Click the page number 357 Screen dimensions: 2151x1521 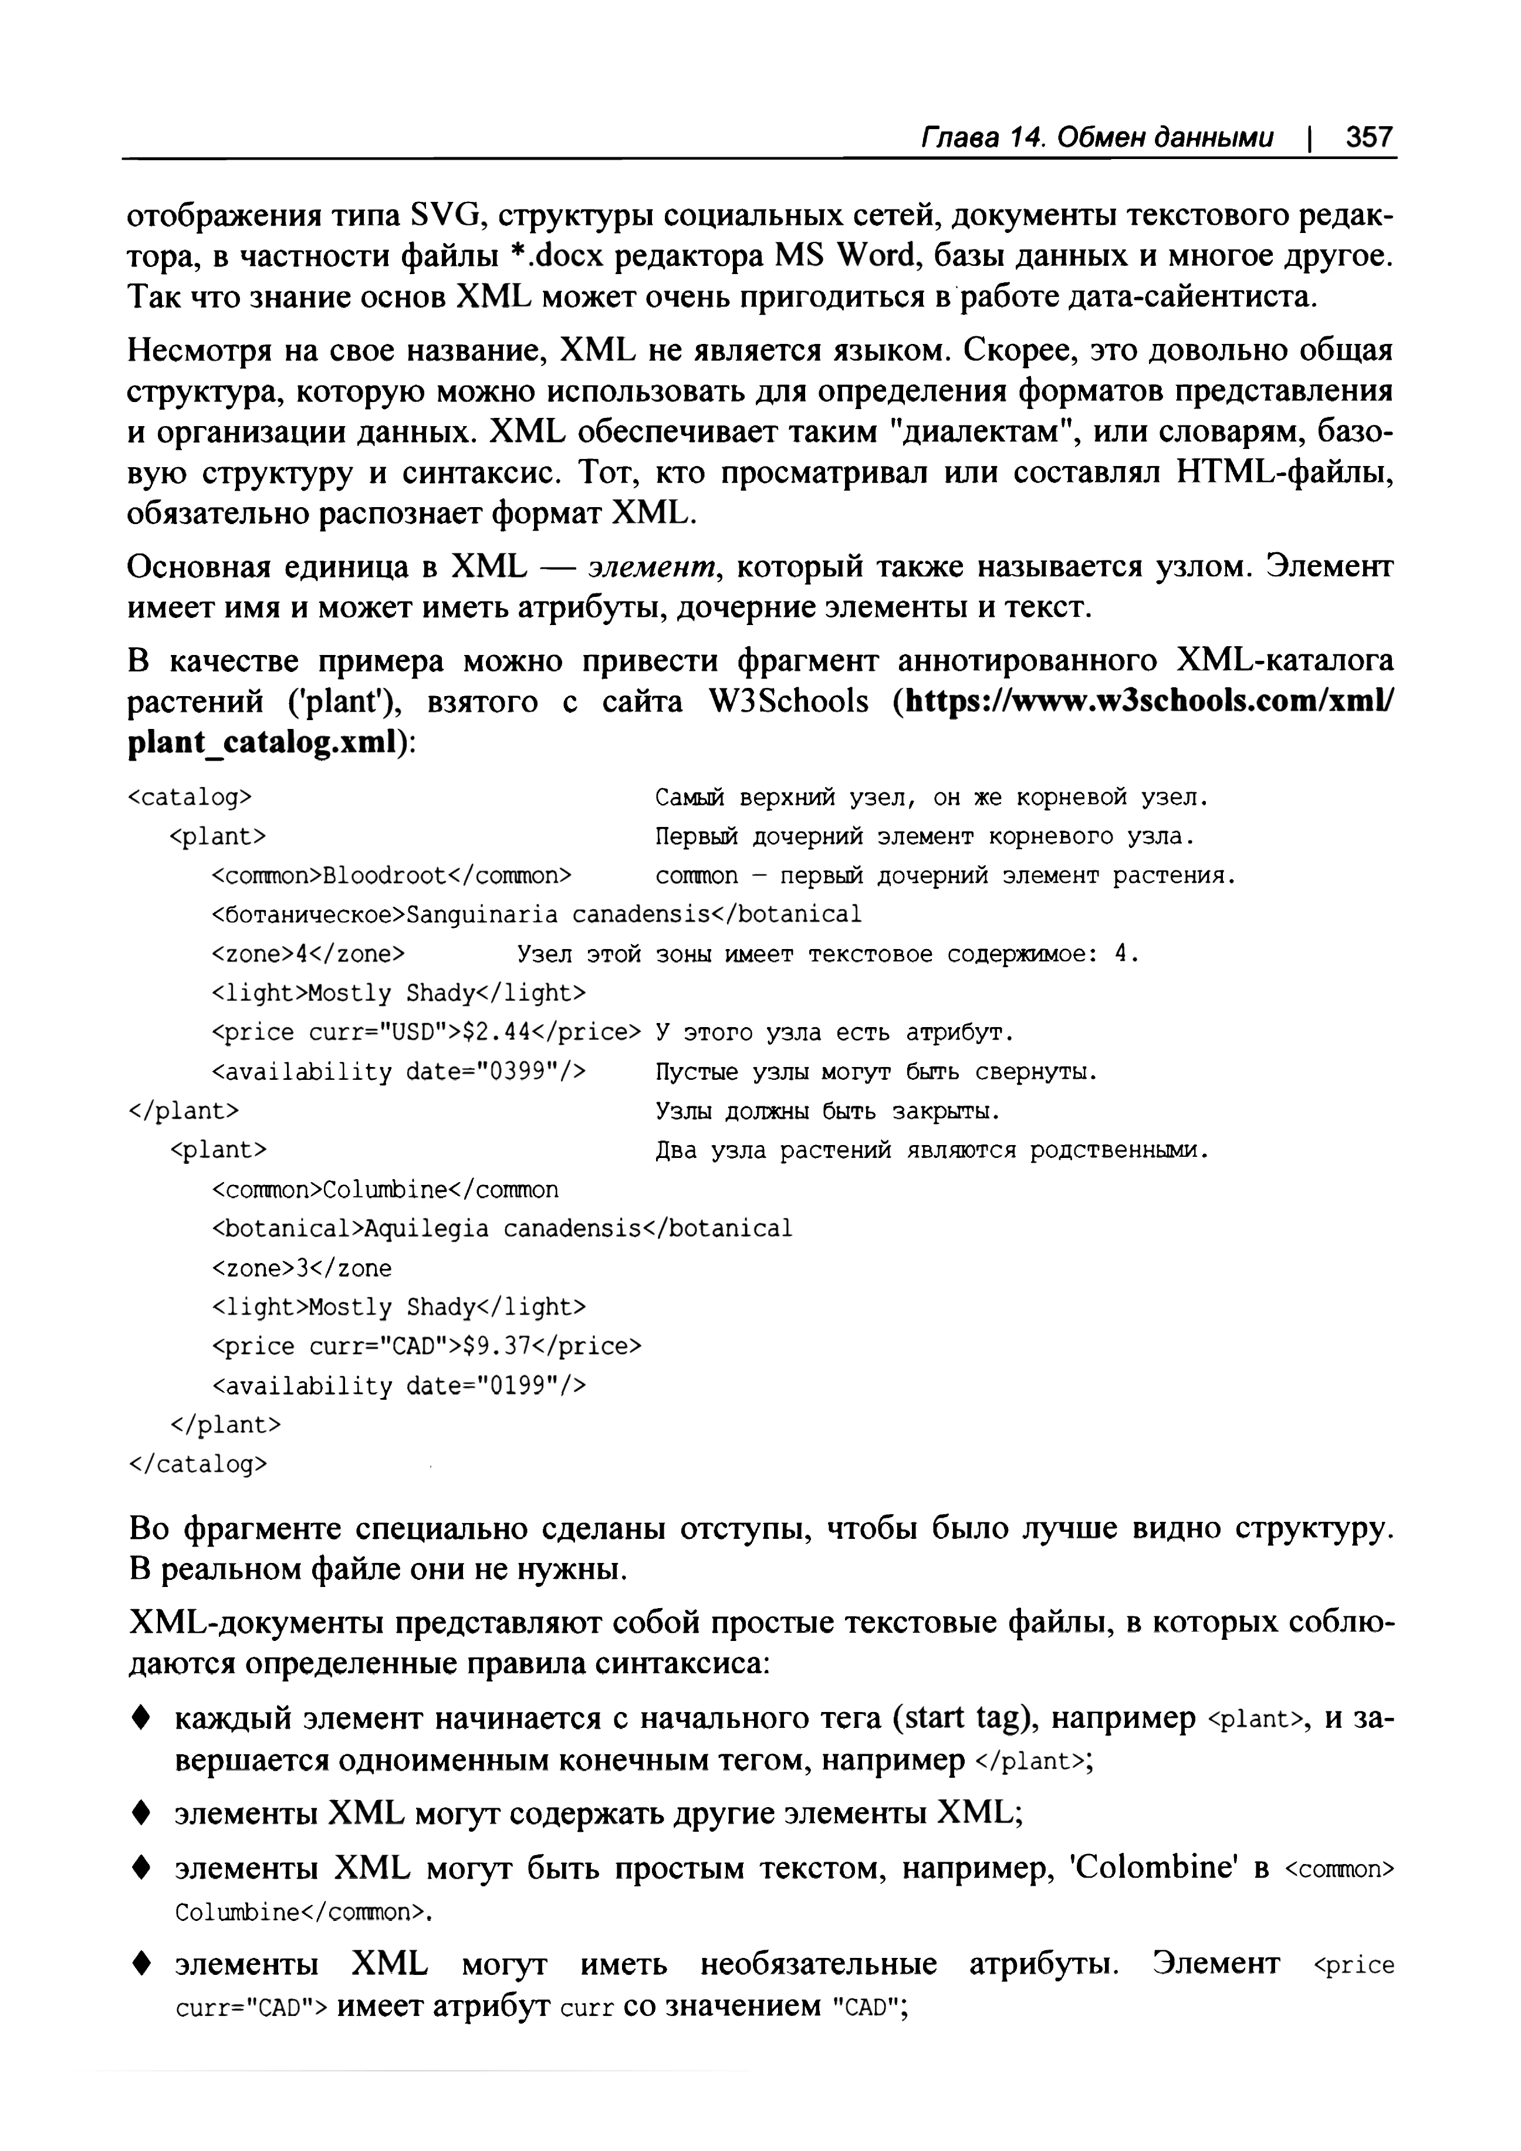point(1368,138)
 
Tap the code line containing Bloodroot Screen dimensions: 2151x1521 point(391,876)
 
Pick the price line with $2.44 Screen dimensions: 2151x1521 point(426,1032)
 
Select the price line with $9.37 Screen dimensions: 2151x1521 point(426,1346)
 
